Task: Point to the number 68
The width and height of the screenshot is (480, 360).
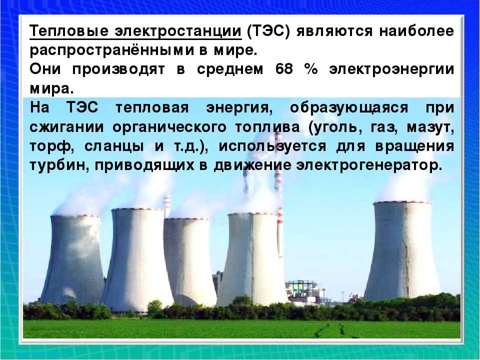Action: pos(283,69)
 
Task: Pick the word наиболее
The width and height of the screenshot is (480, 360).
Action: pos(416,31)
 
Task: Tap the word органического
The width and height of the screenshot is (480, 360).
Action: pos(169,127)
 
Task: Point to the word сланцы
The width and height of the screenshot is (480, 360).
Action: pos(114,147)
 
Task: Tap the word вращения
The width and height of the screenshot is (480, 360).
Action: pos(414,147)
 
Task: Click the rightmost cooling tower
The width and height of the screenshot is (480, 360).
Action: pos(402,251)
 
